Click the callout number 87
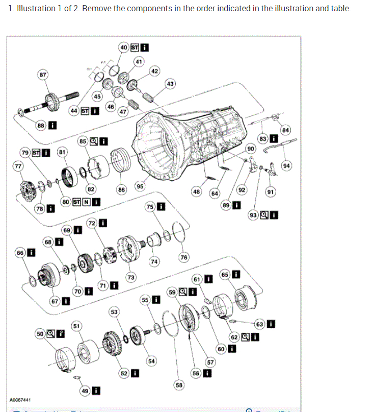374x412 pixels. pyautogui.click(x=43, y=75)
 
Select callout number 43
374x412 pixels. pyautogui.click(x=170, y=84)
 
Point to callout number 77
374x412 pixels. pyautogui.click(x=18, y=166)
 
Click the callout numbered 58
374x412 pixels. pyautogui.click(x=179, y=384)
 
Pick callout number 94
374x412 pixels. pyautogui.click(x=286, y=165)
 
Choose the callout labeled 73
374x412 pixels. pyautogui.click(x=130, y=277)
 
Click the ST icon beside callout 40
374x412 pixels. pyautogui.click(x=135, y=47)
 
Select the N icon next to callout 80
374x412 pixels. pyautogui.click(x=86, y=202)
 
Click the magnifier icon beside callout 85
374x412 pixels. pyautogui.click(x=94, y=141)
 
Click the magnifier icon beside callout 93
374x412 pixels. pyautogui.click(x=264, y=215)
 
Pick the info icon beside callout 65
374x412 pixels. pyautogui.click(x=236, y=275)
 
